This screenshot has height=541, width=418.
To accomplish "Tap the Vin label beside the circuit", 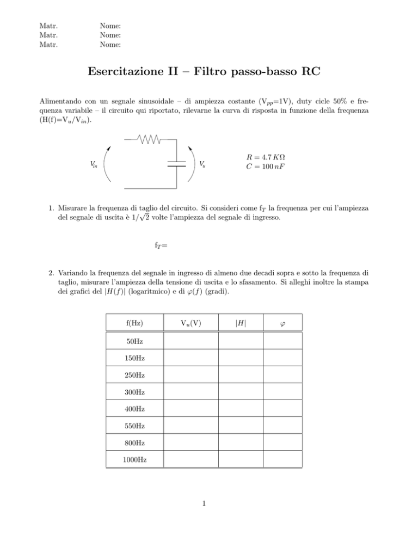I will [x=95, y=164].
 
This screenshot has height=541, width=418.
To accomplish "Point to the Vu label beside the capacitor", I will [x=202, y=164].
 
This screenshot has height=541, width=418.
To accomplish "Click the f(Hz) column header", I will [x=134, y=323].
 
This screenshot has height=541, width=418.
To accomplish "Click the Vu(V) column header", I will [x=190, y=323].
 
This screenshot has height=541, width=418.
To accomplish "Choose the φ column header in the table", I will [x=282, y=324].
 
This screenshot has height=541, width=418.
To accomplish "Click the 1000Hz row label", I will [x=134, y=460].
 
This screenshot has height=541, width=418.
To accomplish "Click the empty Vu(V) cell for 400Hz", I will [x=190, y=409].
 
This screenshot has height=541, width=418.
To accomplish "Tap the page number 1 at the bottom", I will [x=202, y=503].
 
